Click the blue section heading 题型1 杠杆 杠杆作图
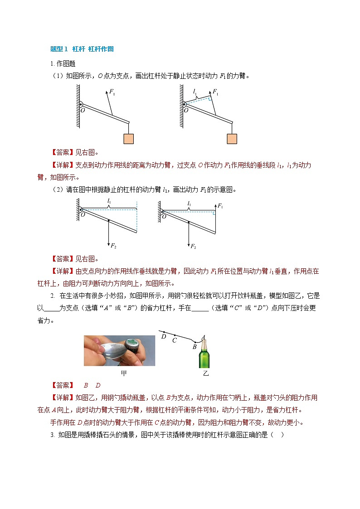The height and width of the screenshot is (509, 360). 85,49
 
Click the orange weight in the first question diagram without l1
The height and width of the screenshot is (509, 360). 128,138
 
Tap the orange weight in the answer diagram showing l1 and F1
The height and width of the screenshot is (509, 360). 232,138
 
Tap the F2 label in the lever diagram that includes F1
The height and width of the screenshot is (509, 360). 193,246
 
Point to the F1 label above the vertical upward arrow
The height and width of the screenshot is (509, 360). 220,206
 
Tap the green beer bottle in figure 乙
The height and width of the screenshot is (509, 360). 204,356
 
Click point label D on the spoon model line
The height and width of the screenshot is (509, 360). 164,336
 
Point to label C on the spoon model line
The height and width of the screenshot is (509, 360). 175,340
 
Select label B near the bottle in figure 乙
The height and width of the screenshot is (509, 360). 194,347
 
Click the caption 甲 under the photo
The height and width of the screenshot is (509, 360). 124,373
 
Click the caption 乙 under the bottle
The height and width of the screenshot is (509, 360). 206,373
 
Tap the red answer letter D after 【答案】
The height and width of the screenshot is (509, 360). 97,385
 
